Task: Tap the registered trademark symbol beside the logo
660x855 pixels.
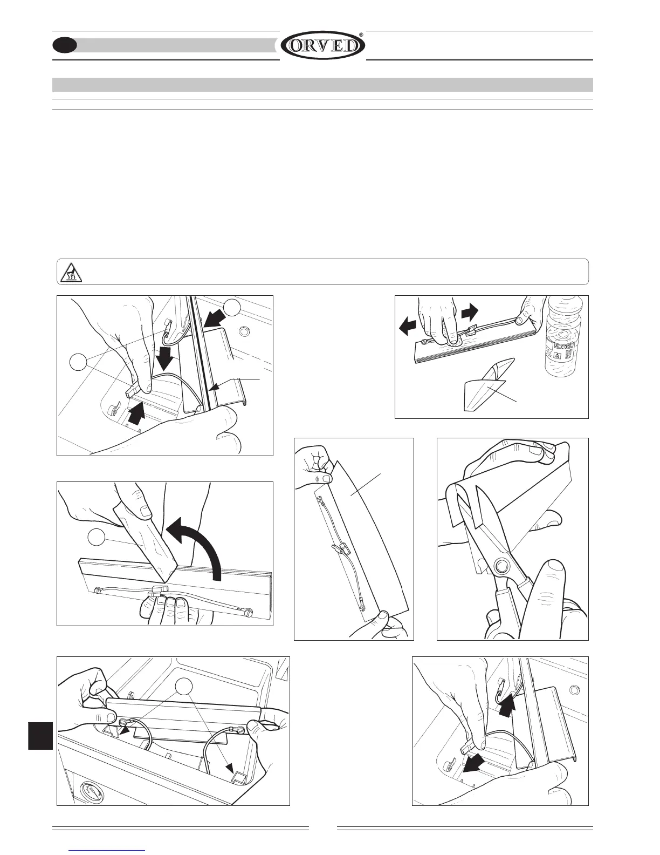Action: pyautogui.click(x=361, y=35)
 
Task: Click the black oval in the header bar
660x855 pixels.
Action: pyautogui.click(x=65, y=46)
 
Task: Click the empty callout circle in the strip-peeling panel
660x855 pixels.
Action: pyautogui.click(x=96, y=538)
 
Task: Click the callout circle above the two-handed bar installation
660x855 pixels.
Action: pyautogui.click(x=184, y=686)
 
